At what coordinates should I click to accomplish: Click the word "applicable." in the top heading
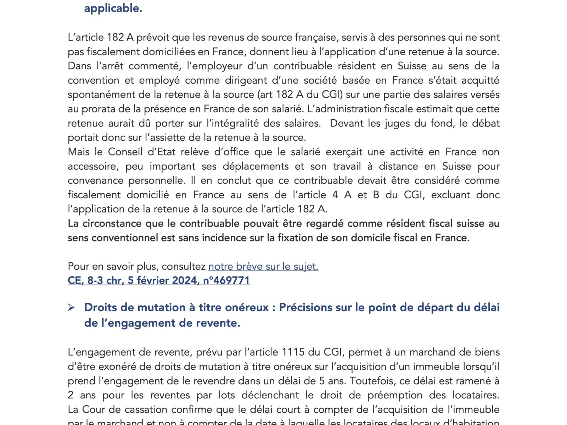coord(113,8)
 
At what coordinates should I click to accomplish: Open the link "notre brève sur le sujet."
coord(263,266)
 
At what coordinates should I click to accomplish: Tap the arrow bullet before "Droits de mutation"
coord(71,307)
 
